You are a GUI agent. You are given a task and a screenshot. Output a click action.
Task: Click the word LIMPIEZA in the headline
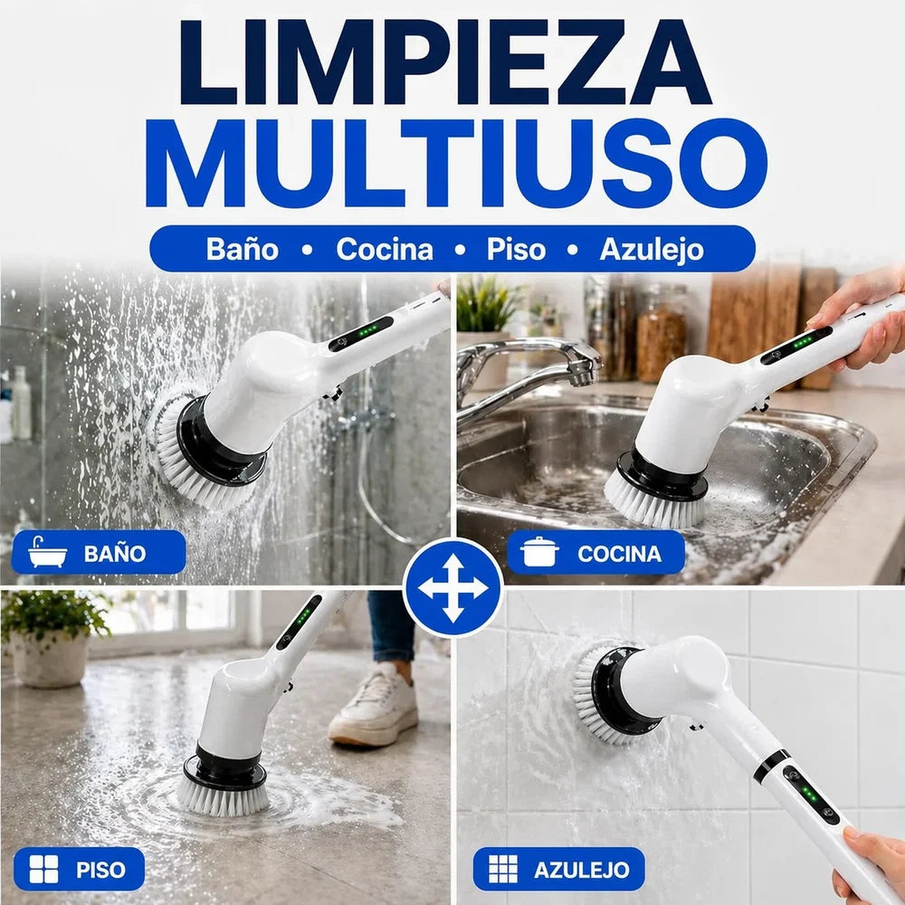(x=445, y=62)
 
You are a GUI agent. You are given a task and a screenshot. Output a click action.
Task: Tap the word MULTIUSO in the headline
(x=455, y=163)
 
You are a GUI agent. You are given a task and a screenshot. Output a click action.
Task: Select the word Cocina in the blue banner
(x=385, y=250)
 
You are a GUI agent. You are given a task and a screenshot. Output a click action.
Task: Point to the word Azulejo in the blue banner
(x=652, y=251)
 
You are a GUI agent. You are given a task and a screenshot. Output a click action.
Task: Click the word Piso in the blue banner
(x=516, y=250)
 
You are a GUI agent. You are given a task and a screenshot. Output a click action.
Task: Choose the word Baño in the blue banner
(x=243, y=250)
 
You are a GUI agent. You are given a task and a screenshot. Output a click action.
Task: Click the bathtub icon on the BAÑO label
(x=47, y=552)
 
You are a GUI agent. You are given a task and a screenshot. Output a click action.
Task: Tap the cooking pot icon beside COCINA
(x=539, y=552)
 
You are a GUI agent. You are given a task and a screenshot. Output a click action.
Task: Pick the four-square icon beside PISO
(x=43, y=869)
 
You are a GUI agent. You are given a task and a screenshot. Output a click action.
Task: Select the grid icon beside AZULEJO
(x=503, y=869)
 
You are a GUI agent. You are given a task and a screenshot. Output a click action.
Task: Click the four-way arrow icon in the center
(x=453, y=588)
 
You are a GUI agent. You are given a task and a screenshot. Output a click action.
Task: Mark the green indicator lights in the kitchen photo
(x=803, y=342)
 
